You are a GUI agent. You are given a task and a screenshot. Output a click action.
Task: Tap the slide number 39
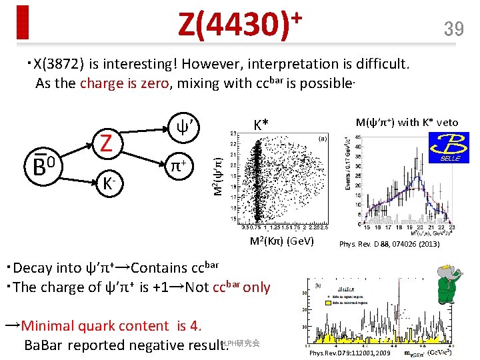[x=453, y=28]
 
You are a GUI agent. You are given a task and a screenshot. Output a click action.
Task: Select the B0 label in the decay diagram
[x=43, y=165]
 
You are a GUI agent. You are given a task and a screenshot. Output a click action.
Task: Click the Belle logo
[x=449, y=147]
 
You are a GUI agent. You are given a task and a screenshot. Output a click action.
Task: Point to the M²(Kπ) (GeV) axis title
[x=273, y=240]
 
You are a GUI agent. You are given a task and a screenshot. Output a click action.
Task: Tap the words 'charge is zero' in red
[x=125, y=83]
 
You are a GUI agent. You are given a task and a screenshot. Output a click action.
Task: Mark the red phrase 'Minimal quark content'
[x=95, y=325]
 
